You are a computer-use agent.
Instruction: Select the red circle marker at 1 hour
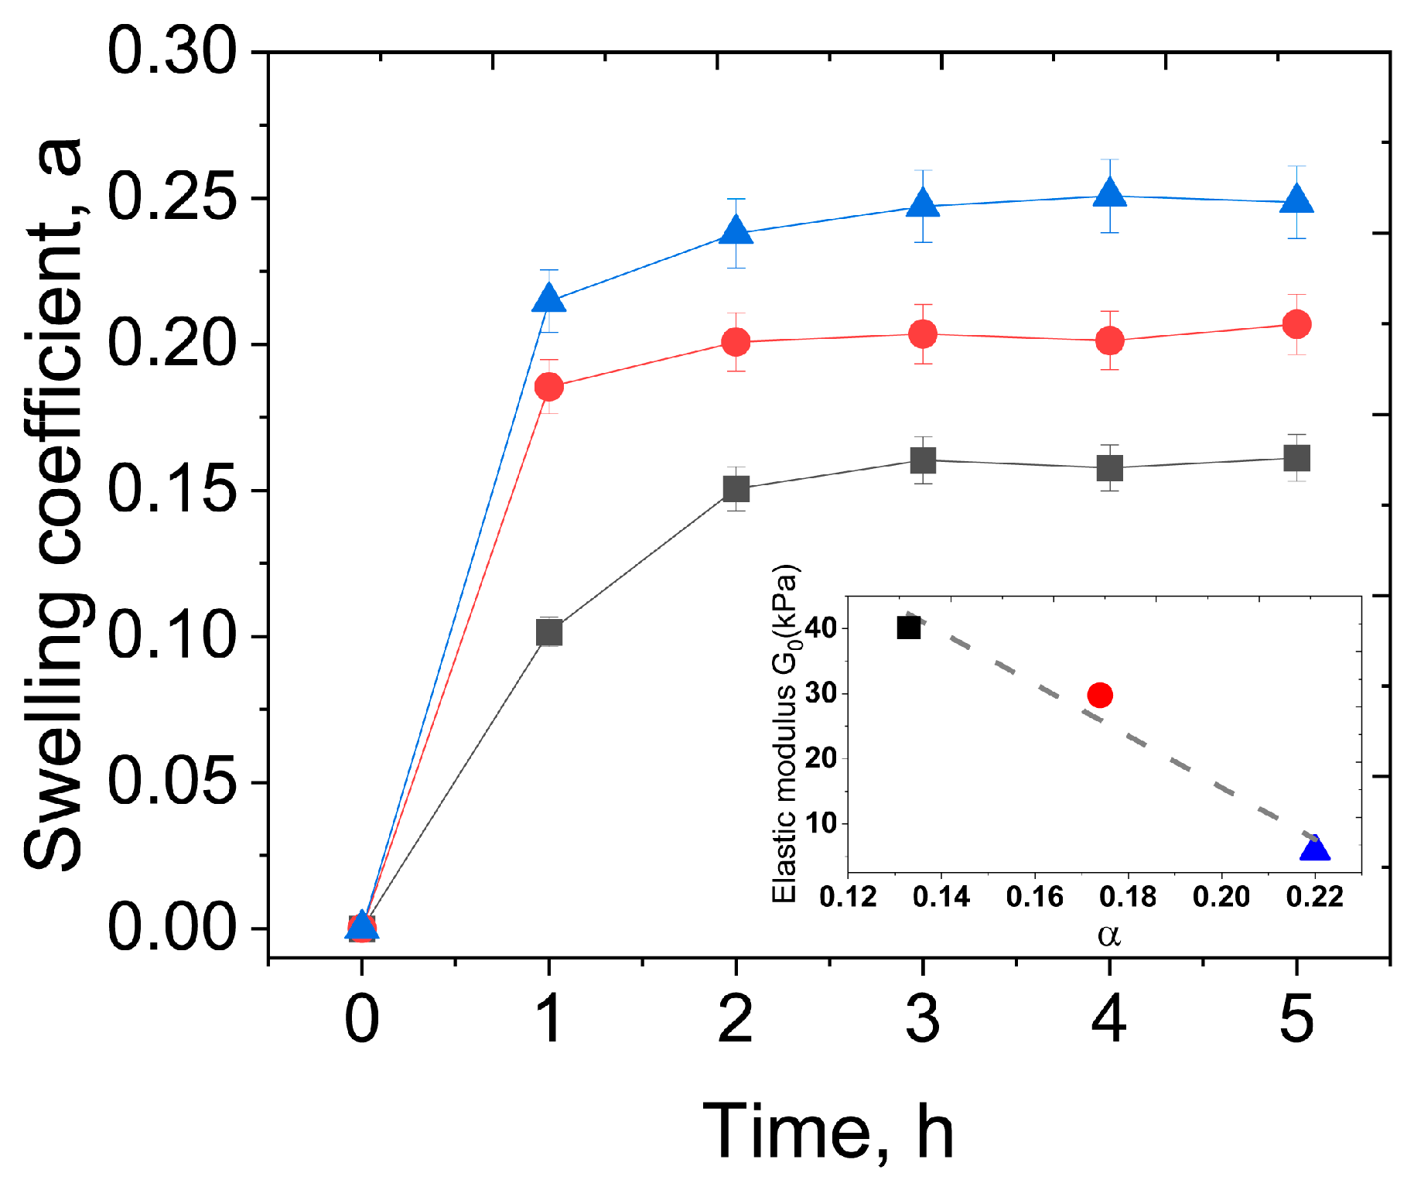(549, 386)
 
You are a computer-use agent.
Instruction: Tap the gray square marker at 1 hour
(549, 632)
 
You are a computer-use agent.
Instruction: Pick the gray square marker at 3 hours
(923, 460)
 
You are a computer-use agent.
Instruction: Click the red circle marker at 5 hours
(1296, 324)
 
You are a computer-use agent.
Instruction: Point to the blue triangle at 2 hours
(736, 231)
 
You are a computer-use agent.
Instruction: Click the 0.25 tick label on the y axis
(171, 198)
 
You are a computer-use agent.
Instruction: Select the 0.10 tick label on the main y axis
(171, 636)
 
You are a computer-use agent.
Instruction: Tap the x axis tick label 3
(923, 1020)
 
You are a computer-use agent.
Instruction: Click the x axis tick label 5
(1296, 1020)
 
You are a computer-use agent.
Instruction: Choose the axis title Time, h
(828, 1131)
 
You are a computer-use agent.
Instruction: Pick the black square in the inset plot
(909, 628)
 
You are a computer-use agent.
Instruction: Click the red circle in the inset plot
(1100, 695)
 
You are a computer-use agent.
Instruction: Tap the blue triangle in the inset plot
(1315, 850)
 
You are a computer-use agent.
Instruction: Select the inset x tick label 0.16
(1035, 897)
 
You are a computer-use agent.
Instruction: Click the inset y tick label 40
(821, 628)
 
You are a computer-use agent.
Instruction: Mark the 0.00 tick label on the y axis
(171, 928)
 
